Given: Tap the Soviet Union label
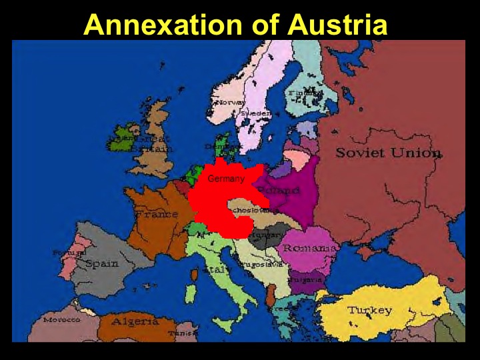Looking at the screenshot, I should pos(388,153).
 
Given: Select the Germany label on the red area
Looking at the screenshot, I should pos(226,179).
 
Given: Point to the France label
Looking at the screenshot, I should pos(157,215).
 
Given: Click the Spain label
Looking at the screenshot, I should pos(101,263).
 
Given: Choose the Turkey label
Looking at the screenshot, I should pos(369,311).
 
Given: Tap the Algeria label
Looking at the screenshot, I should pos(135,321).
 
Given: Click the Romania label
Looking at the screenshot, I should pos(309,248).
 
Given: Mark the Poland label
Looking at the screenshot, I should pos(283,191).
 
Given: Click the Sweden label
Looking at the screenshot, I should pos(256,114).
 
